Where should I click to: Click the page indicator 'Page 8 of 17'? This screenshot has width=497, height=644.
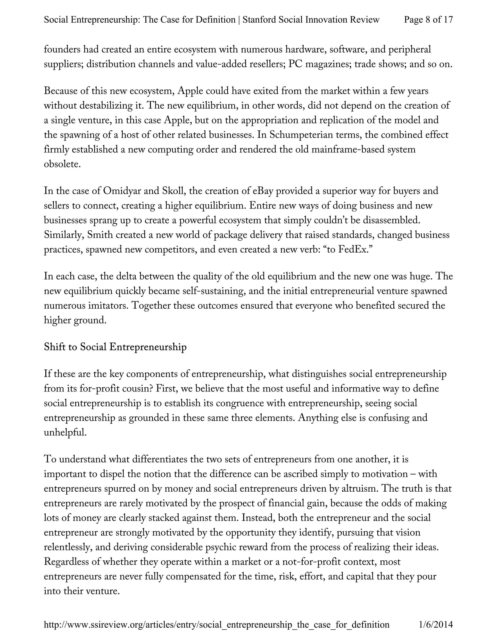(x=428, y=19)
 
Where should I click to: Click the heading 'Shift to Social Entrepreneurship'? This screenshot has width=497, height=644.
(x=115, y=347)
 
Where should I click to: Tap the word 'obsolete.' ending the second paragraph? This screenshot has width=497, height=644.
(x=62, y=164)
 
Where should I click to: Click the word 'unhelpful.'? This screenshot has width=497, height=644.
(x=65, y=433)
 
